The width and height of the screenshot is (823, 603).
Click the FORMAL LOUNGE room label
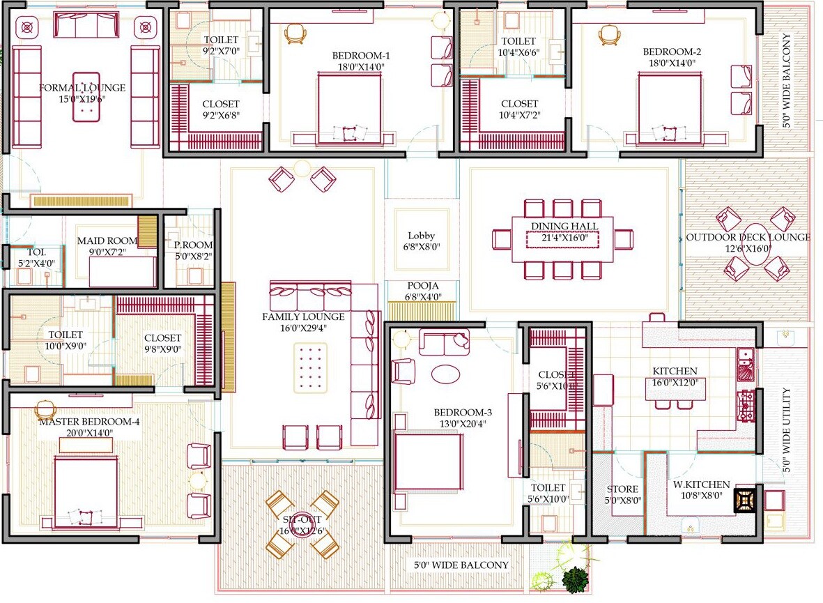[x=82, y=88]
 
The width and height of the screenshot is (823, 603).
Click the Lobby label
[x=421, y=236]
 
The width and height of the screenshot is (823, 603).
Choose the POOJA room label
[x=422, y=286]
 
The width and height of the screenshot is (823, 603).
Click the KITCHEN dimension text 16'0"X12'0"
[x=675, y=382]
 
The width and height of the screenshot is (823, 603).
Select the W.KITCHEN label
[x=701, y=484]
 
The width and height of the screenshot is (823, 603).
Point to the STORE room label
[x=622, y=489]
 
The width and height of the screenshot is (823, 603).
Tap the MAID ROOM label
[x=107, y=241]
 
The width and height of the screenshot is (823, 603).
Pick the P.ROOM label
[x=193, y=245]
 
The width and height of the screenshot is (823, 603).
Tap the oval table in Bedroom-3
[x=445, y=374]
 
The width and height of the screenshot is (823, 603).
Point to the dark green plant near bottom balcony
[x=575, y=579]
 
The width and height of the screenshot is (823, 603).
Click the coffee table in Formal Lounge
[x=86, y=97]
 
